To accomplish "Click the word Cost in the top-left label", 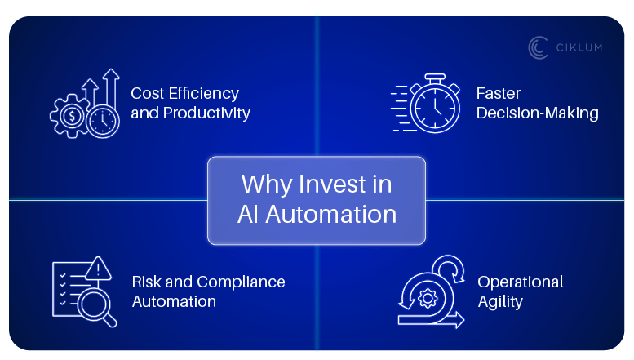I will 149,94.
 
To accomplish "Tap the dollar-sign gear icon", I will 73,116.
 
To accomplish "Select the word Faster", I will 499,94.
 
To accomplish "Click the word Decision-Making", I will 538,113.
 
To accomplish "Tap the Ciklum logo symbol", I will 537,47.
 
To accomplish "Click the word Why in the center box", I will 262,184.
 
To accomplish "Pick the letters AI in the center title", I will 248,214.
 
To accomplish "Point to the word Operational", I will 520,282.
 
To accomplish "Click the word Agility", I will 500,301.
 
